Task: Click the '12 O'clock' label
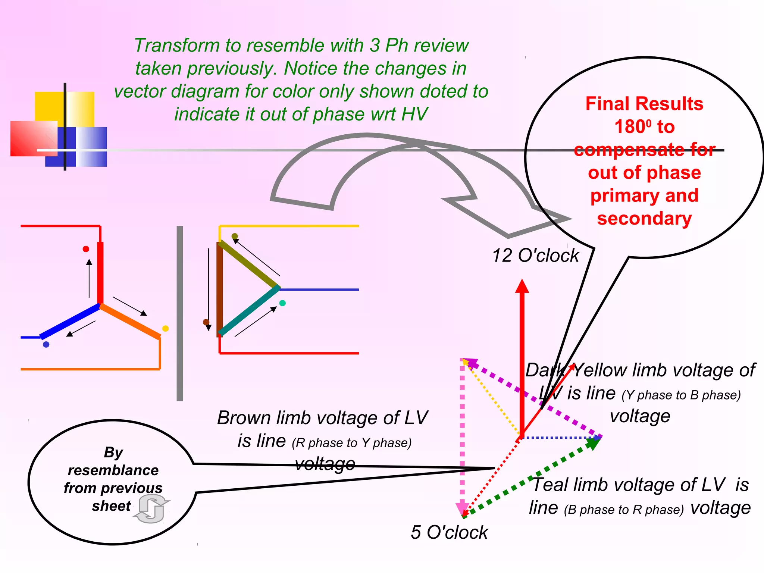(535, 256)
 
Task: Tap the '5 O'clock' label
(449, 532)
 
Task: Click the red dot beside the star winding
(86, 249)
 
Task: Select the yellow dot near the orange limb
(165, 329)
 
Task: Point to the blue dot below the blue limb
(46, 344)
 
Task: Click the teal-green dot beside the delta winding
(282, 303)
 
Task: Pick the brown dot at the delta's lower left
(206, 322)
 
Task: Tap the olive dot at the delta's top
(235, 236)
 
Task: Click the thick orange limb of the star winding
(131, 322)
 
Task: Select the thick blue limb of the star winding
(70, 322)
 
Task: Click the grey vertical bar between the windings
(180, 313)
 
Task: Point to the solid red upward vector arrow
(522, 354)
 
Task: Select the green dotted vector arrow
(530, 479)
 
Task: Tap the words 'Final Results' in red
(644, 104)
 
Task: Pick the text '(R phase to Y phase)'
(352, 443)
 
